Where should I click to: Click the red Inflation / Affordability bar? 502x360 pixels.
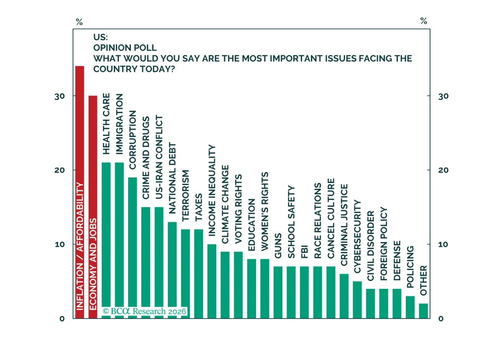tap(79, 192)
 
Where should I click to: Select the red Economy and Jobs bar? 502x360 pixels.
tap(93, 207)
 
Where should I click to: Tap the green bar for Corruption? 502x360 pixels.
tap(133, 248)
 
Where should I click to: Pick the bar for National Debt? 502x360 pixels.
tap(172, 270)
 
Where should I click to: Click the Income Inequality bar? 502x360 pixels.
tap(212, 281)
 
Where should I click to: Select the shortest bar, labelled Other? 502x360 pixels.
tap(423, 311)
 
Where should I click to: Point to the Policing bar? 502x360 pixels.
tap(410, 307)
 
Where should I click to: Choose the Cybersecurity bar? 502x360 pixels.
tap(357, 300)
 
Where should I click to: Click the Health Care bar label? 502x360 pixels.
tap(106, 124)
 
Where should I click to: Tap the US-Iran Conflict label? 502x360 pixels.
tap(159, 157)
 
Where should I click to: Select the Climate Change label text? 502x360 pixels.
tap(225, 204)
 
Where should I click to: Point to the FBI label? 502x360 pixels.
tap(305, 252)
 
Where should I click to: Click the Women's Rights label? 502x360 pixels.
tap(265, 211)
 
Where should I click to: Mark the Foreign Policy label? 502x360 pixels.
tap(384, 244)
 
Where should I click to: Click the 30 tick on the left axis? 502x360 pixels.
tap(59, 96)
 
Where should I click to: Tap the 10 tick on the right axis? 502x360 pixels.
tap(443, 244)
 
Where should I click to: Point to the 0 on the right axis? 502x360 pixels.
tap(441, 319)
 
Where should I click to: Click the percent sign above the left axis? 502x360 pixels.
tap(79, 22)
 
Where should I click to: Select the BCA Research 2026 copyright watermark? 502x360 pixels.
tap(144, 311)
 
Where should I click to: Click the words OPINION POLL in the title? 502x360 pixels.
tap(125, 48)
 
